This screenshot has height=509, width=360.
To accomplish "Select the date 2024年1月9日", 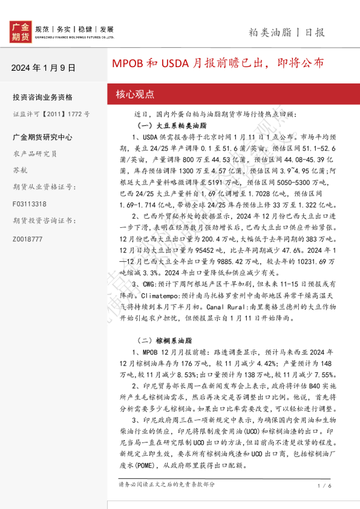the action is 44,67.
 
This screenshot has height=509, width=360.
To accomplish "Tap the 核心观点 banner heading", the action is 135,94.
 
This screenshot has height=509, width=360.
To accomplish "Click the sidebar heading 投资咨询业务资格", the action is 42,97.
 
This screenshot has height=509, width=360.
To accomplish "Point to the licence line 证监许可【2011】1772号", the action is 51,113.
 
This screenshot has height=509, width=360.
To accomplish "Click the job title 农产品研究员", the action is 35,154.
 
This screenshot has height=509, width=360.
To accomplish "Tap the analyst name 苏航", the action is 20,170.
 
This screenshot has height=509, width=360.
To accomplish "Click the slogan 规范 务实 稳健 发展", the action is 74,29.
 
